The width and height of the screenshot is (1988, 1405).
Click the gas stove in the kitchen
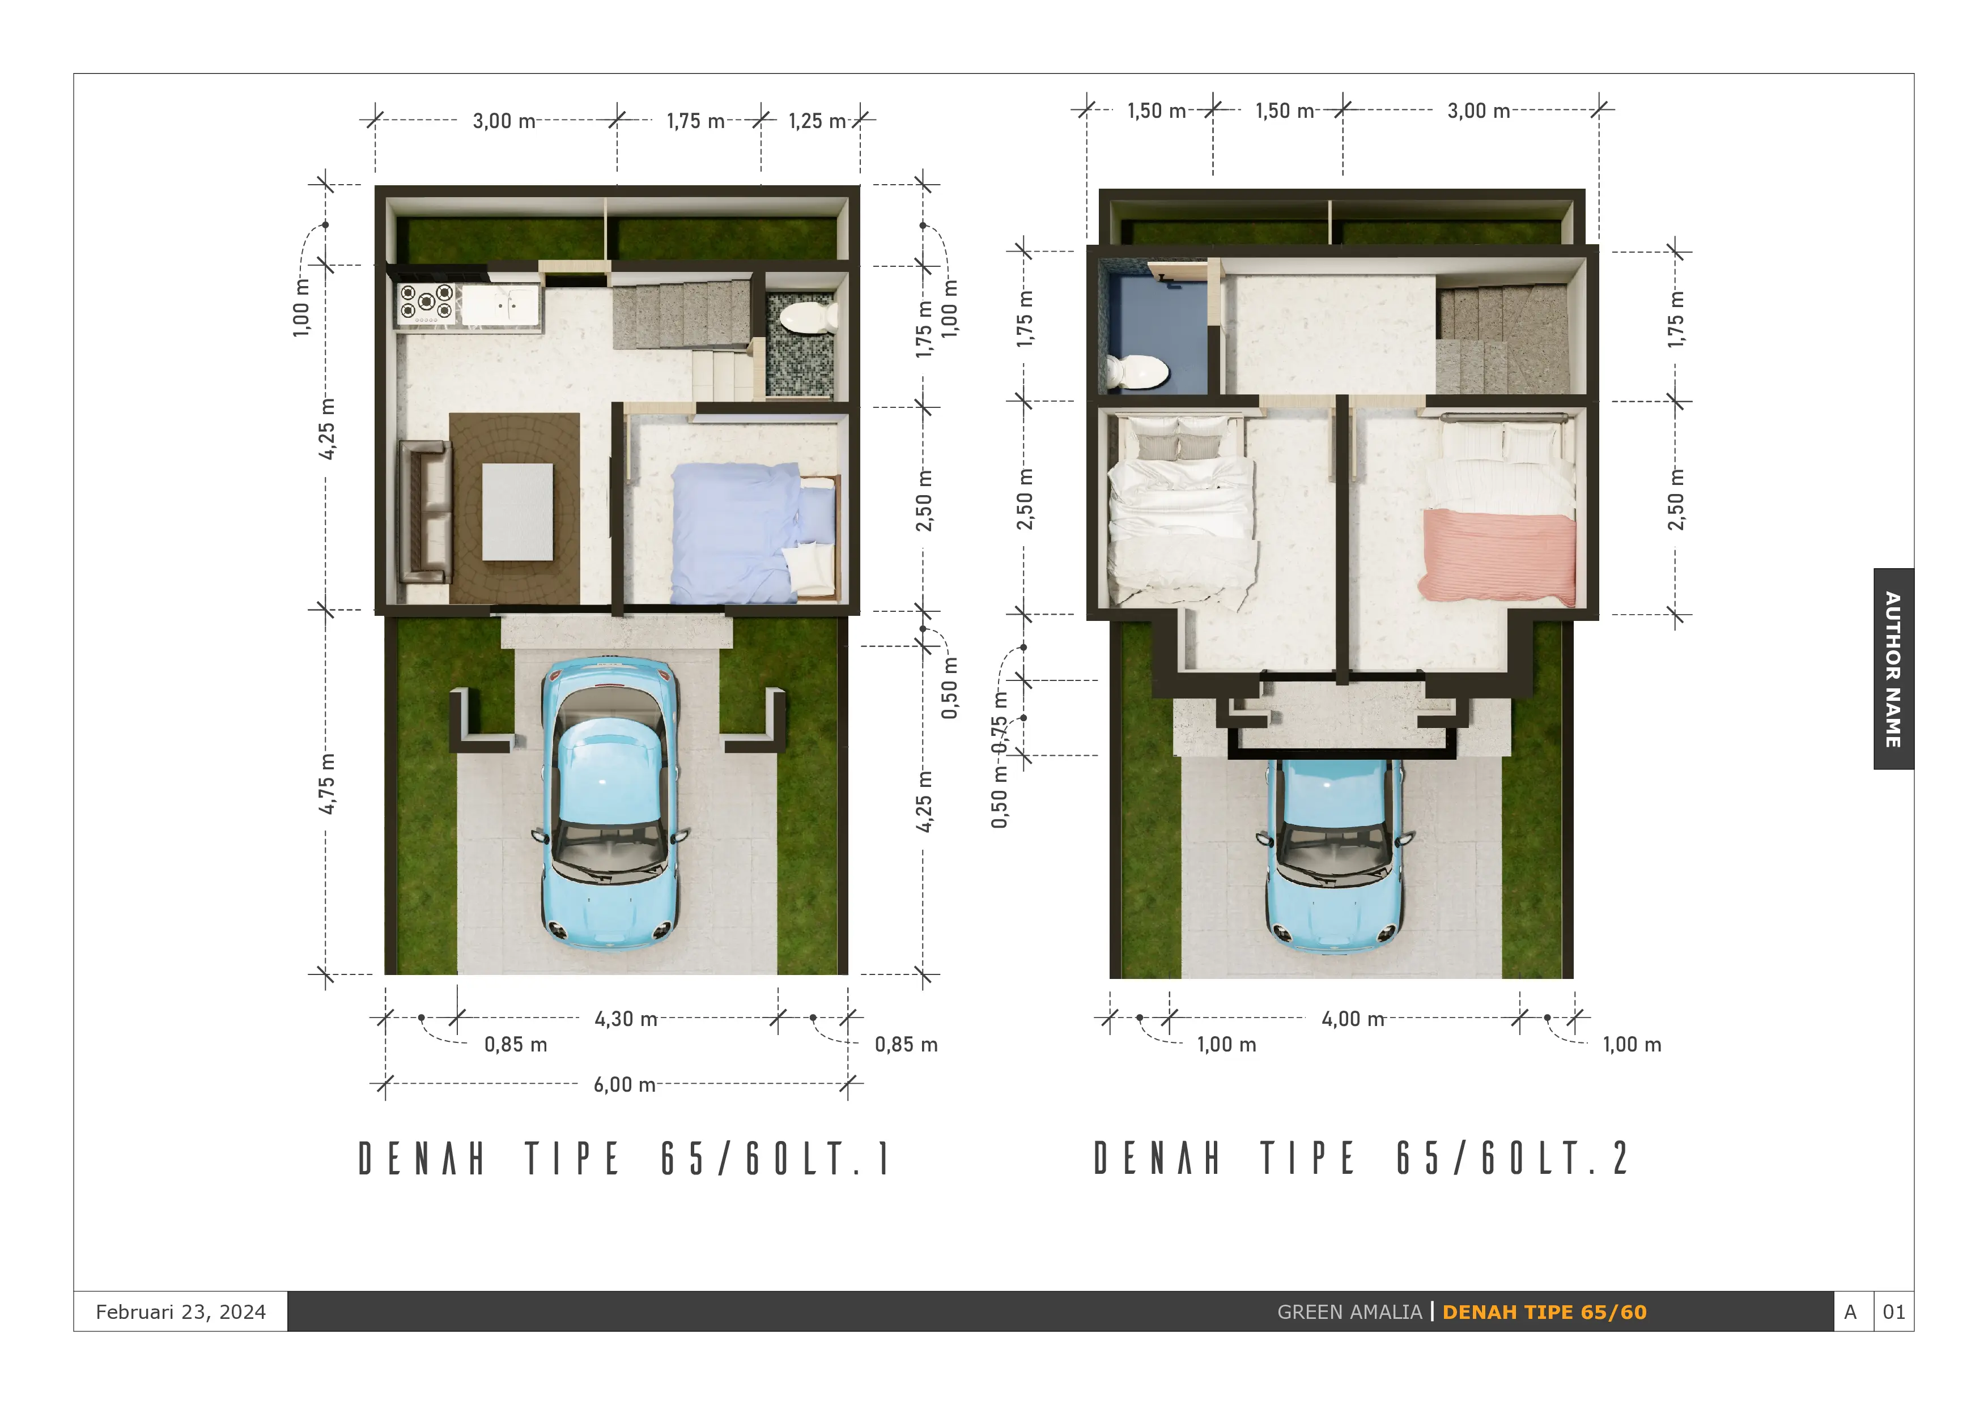click(x=426, y=303)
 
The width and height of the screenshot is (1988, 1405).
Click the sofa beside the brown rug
click(x=425, y=511)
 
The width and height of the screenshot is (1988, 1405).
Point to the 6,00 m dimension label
click(x=625, y=1085)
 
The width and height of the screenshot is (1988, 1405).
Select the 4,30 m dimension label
click(x=625, y=1019)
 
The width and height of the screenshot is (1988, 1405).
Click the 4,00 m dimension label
click(x=1353, y=1019)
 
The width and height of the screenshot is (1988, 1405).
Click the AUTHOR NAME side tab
click(x=1893, y=669)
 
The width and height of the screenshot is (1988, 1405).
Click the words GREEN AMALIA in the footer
click(x=1349, y=1313)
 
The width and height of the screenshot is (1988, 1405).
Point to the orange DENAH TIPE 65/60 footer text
click(x=1545, y=1313)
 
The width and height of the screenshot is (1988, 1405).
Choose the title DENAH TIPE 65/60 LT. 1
click(x=625, y=1159)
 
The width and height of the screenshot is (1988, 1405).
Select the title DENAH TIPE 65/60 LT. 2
click(x=1361, y=1159)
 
